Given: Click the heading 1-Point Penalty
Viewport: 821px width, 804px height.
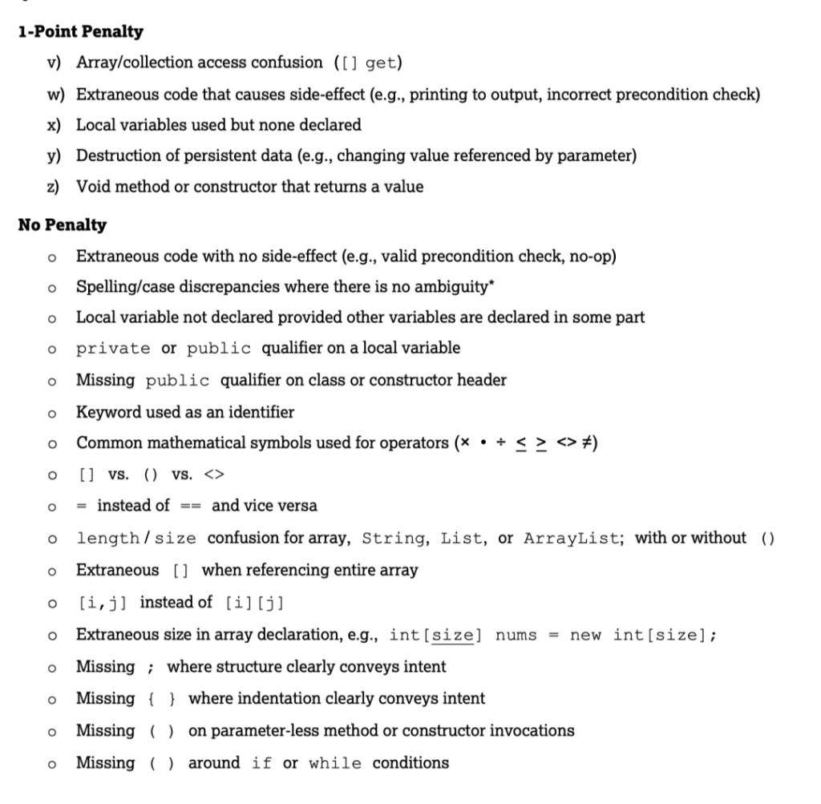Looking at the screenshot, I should pos(80,32).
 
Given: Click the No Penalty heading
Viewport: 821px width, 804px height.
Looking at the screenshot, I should pos(62,224).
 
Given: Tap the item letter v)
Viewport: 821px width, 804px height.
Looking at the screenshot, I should pos(55,62).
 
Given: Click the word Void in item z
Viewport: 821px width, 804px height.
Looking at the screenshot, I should pos(92,187).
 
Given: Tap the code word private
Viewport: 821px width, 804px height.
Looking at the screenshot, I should pos(113,348).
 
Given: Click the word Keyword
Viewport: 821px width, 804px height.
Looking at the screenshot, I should pos(105,412).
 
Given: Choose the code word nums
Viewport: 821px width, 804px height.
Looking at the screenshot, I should pos(517,635).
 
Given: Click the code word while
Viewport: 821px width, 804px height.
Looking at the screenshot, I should pos(336,763).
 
